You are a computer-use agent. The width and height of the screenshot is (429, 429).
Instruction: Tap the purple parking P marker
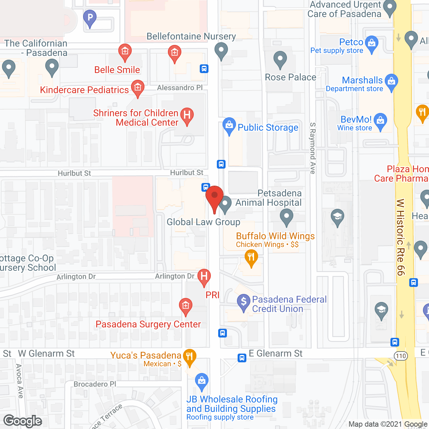[x=90, y=17]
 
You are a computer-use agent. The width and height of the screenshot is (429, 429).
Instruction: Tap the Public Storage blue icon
[x=229, y=126]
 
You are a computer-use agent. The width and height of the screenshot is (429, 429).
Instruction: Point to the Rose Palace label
[x=291, y=77]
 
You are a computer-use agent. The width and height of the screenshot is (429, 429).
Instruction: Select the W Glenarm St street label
[x=47, y=354]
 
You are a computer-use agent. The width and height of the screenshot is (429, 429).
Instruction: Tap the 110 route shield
[x=401, y=356]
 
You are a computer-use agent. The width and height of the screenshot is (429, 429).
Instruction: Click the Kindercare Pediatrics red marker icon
[x=137, y=88]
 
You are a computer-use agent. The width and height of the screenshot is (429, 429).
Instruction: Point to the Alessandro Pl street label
[x=180, y=88]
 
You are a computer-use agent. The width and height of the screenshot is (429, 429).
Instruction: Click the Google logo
[x=23, y=421]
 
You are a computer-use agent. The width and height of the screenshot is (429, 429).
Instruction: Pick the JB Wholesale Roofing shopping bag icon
[x=201, y=381]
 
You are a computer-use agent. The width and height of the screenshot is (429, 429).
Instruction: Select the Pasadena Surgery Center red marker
[x=186, y=306]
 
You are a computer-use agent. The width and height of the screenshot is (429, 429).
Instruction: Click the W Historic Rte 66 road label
[x=401, y=237]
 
